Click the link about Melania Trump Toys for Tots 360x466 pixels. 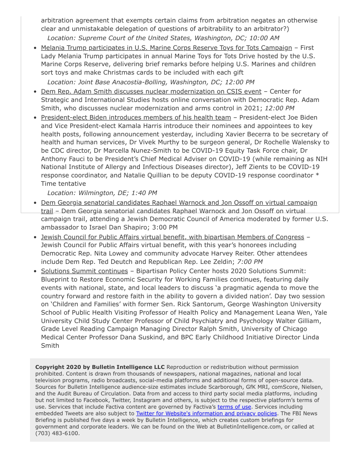coord(166,48)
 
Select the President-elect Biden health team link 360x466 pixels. coord(136,117)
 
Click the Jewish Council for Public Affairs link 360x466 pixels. coord(172,237)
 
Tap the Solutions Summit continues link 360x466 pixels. coord(84,271)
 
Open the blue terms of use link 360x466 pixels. coord(234,407)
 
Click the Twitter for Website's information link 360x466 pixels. coord(206,413)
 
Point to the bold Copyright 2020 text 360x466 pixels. coord(100,367)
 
